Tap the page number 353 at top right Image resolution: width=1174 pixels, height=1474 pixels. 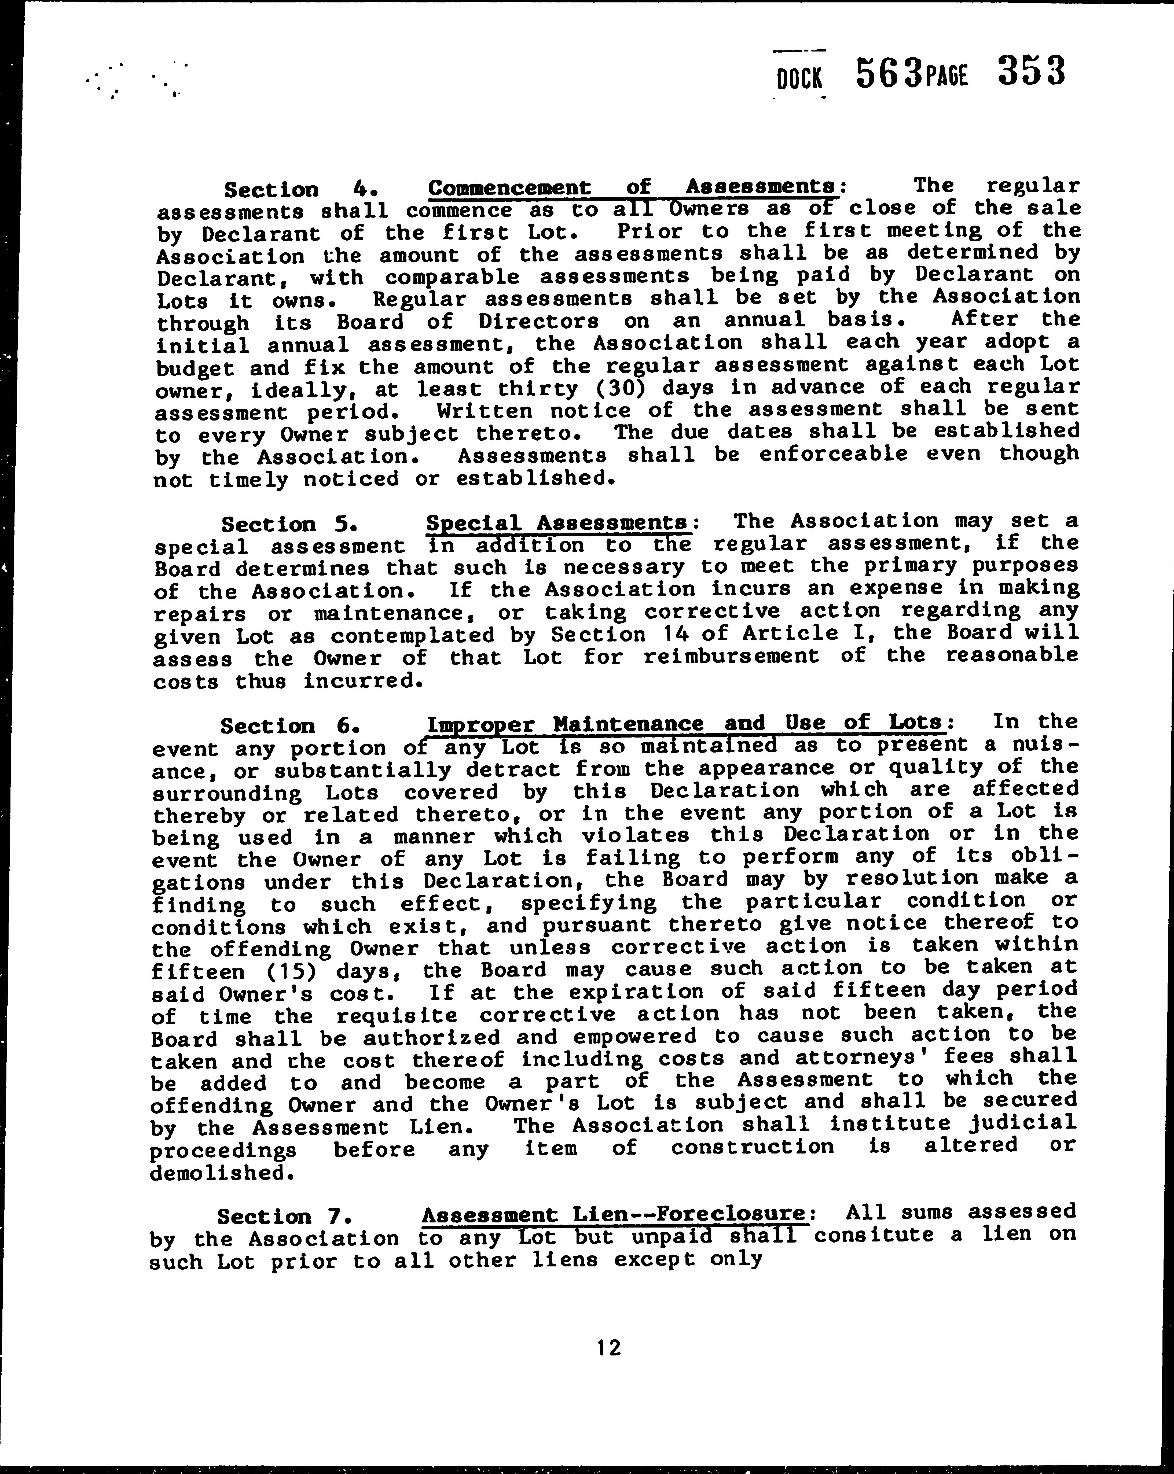(1031, 71)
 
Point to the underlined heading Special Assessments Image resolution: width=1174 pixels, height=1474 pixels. (557, 523)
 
